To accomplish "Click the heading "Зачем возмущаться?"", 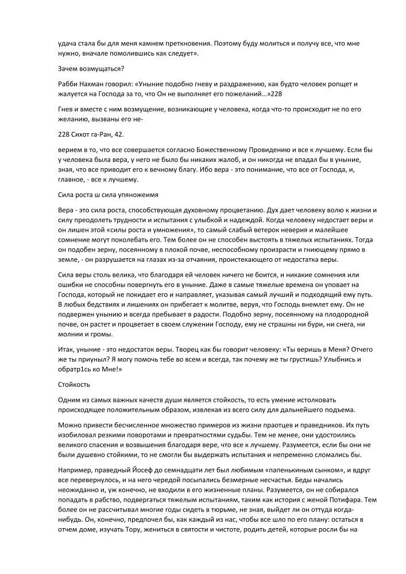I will coord(88,69).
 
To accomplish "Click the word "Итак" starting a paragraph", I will coord(68,350).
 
